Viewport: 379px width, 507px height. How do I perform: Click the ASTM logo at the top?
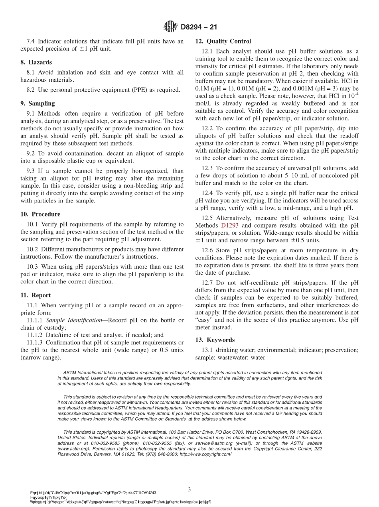pyautogui.click(x=170, y=27)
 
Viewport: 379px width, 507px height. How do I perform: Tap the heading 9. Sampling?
pyautogui.click(x=38, y=104)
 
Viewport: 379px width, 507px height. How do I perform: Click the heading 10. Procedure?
pyautogui.click(x=40, y=214)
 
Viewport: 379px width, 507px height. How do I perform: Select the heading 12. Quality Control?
pyautogui.click(x=223, y=41)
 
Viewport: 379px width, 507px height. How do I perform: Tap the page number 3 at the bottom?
pyautogui.click(x=189, y=489)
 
